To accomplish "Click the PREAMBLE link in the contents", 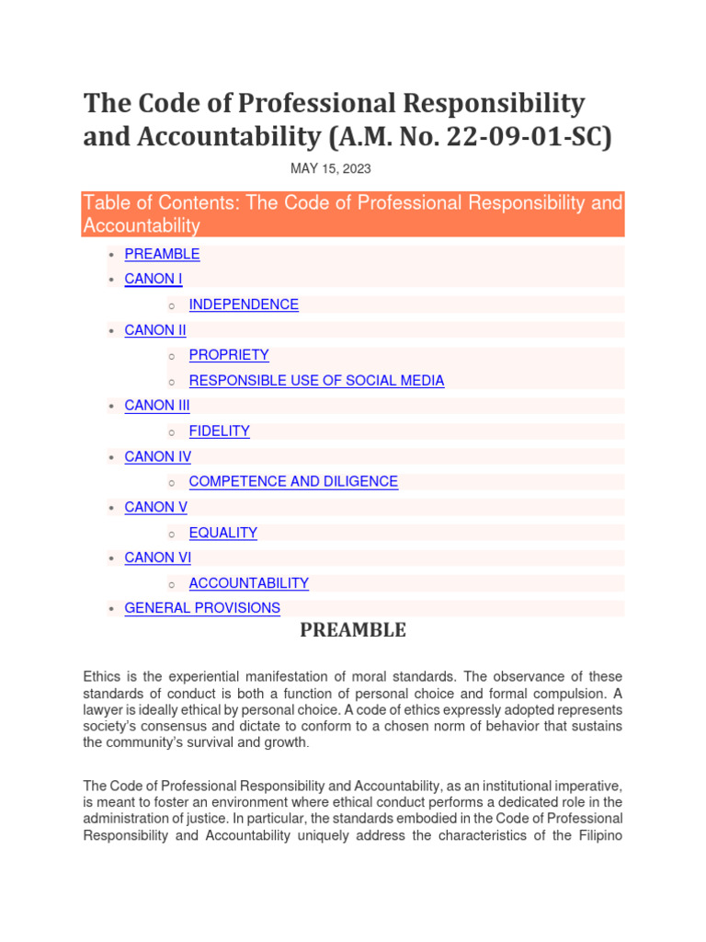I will tap(162, 254).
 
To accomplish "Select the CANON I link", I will tap(154, 279).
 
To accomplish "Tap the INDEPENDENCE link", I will tap(244, 304).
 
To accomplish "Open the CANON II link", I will tap(155, 329).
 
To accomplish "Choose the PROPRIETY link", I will tap(229, 355).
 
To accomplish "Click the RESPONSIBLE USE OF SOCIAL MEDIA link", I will tap(316, 380).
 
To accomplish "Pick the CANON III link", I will tap(157, 405).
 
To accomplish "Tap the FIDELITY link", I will tap(219, 431).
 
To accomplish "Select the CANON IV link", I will tap(158, 456).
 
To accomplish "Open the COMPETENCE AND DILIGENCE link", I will tap(293, 481).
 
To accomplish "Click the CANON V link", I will tap(156, 507).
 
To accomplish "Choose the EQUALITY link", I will tap(222, 533).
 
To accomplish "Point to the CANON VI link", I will tap(158, 557).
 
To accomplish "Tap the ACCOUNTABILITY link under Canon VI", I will tap(248, 583).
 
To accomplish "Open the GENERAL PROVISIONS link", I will tap(202, 608).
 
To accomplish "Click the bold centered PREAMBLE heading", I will tap(353, 630).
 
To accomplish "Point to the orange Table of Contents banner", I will tap(353, 213).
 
